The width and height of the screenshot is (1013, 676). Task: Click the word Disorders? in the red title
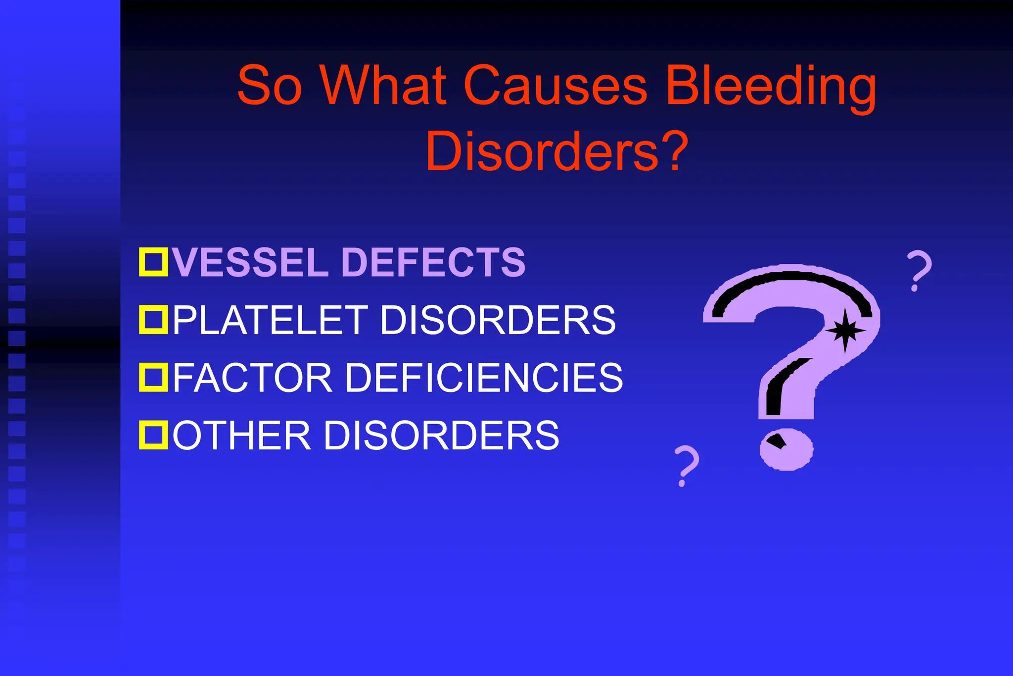click(x=556, y=151)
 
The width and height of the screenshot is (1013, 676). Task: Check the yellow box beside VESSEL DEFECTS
click(x=153, y=262)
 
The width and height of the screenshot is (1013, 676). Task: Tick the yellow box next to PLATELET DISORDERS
click(x=153, y=320)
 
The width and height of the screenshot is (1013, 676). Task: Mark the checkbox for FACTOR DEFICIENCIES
click(x=153, y=377)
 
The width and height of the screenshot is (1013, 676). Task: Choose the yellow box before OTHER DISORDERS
click(x=153, y=435)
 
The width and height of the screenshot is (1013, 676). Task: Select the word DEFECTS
click(x=433, y=262)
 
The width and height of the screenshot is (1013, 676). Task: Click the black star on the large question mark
click(x=845, y=331)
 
